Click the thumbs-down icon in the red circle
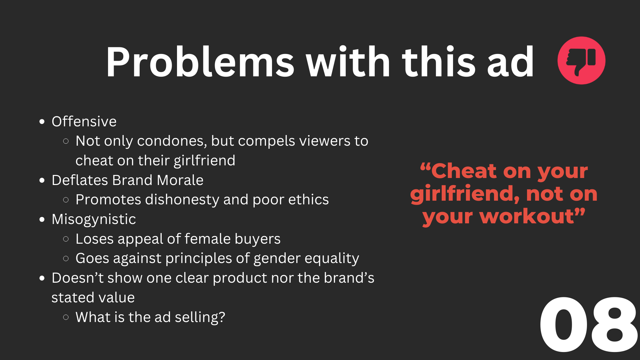pos(581,60)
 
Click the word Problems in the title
pos(200,62)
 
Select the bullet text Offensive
pos(84,121)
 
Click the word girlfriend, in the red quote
pos(465,194)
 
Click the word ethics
pos(308,200)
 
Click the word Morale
pos(180,180)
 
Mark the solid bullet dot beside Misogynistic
pos(42,220)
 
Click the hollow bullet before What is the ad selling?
pos(66,317)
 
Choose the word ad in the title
pos(511,62)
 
